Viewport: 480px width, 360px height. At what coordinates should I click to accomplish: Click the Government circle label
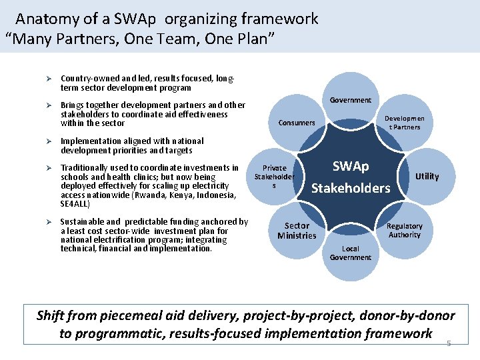point(350,100)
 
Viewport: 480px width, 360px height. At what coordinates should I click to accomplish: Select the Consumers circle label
point(297,123)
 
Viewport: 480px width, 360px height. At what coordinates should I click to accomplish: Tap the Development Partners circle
point(404,123)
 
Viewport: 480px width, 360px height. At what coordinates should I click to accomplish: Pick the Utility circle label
point(427,176)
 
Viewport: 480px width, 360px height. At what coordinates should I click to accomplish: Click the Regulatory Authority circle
point(404,230)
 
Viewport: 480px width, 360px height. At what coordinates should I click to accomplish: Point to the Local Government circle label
point(350,253)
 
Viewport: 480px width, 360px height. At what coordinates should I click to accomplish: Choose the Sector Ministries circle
point(297,230)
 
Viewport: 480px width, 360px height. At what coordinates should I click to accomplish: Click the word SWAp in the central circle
point(351,166)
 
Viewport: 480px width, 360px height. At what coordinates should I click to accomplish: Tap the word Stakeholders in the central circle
point(351,188)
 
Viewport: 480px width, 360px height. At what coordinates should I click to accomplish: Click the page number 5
point(449,343)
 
